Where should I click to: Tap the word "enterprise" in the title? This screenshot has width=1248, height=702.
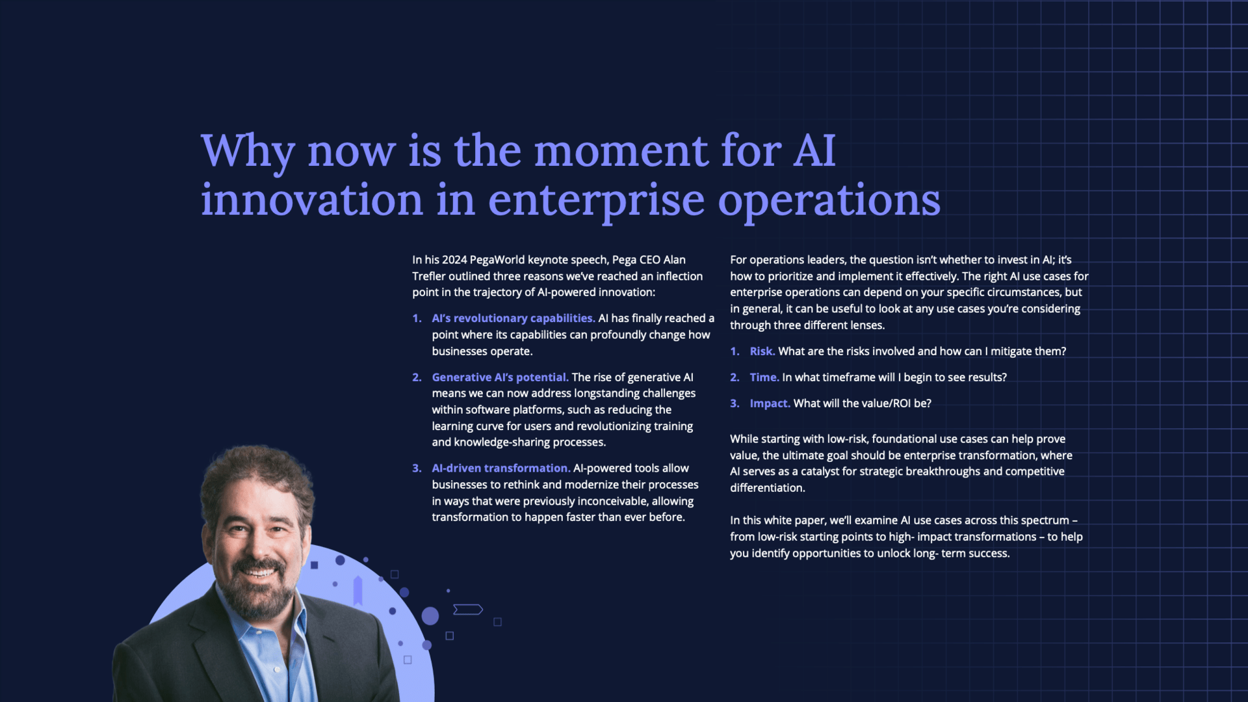(596, 201)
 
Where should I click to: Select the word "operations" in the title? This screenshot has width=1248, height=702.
(829, 201)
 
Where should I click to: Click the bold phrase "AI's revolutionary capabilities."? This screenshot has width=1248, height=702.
(513, 318)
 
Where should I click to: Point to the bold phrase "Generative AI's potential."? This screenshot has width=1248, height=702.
(500, 377)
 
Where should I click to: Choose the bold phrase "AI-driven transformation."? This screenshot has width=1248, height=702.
(501, 468)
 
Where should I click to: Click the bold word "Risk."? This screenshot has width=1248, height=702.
(762, 351)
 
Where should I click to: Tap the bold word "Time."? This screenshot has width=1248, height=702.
(764, 377)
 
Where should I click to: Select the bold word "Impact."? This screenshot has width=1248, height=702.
(770, 403)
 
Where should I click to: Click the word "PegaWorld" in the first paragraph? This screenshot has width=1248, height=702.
(497, 260)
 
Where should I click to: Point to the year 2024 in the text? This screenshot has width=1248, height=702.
(454, 260)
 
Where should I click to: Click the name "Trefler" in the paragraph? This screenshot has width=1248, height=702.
(428, 277)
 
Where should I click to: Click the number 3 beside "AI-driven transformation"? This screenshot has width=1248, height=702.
(416, 468)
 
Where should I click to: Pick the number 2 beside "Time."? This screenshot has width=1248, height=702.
(734, 377)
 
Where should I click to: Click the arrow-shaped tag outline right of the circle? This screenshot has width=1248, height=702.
(468, 610)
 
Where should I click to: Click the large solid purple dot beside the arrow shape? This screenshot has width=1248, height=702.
(430, 615)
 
